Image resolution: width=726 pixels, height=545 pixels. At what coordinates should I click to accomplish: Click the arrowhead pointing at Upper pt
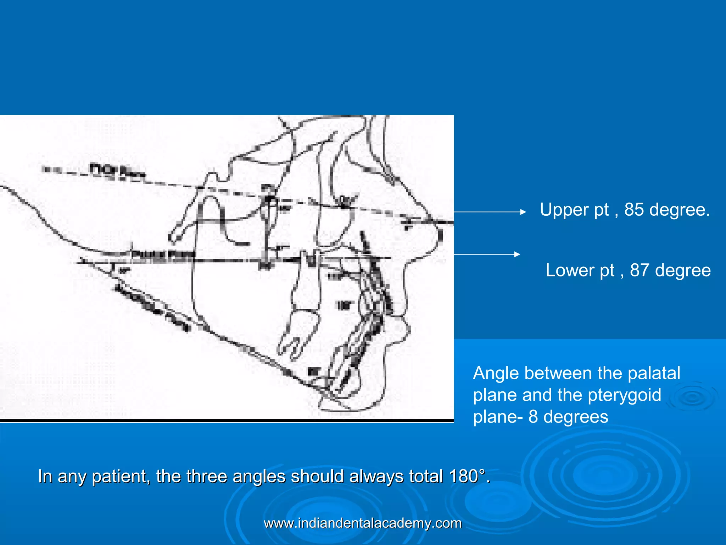point(523,212)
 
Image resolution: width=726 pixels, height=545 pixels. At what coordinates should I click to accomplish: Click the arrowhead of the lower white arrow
point(517,254)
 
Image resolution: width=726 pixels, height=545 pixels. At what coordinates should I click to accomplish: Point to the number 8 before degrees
point(533,417)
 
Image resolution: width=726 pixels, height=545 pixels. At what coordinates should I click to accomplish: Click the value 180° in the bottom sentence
point(467,477)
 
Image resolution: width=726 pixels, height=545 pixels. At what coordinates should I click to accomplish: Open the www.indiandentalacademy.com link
point(363,523)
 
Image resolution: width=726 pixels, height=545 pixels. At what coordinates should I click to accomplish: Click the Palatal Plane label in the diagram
point(163,254)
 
